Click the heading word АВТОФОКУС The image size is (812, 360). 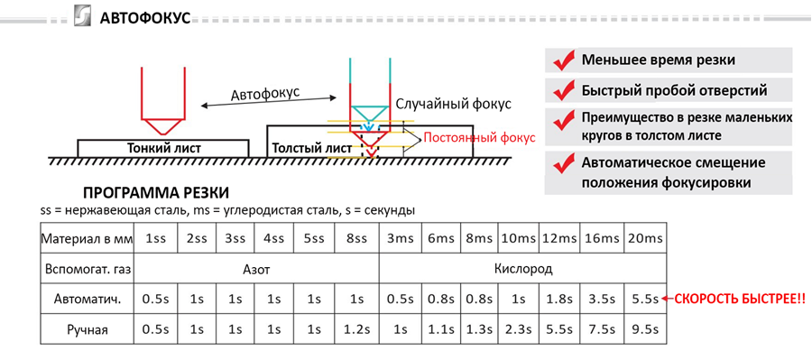[145, 19]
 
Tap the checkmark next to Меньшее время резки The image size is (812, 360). [565, 60]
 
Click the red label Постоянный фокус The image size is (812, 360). [479, 138]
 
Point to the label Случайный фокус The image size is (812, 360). [454, 104]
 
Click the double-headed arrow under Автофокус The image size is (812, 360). [269, 102]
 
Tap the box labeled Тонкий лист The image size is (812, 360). [163, 148]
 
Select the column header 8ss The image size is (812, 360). [356, 239]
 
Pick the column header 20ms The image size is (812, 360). [645, 239]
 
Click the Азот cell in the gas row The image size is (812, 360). [256, 270]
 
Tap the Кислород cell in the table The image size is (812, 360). [523, 270]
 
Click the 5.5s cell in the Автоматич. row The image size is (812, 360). [645, 300]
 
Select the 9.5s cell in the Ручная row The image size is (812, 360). [645, 329]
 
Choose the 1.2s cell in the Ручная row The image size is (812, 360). [356, 329]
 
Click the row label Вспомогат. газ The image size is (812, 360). [88, 270]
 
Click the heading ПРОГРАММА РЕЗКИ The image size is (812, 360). [156, 193]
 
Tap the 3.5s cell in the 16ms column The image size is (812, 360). [603, 300]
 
